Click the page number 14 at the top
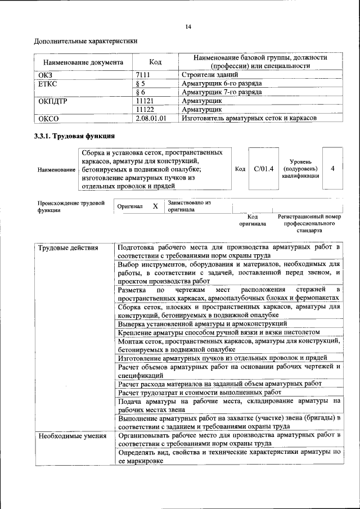point(188,27)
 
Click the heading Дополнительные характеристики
point(86,41)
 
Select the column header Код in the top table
point(155,62)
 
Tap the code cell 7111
point(145,74)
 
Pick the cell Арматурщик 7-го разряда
point(222,92)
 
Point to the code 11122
point(145,109)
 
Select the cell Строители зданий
point(210,74)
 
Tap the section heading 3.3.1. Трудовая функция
point(75,136)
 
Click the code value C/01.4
point(263,169)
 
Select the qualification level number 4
point(333,169)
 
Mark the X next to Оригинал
point(155,206)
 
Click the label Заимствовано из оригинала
point(189,206)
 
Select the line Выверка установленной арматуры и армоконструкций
point(202,323)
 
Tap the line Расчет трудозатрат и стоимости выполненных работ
point(200,392)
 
